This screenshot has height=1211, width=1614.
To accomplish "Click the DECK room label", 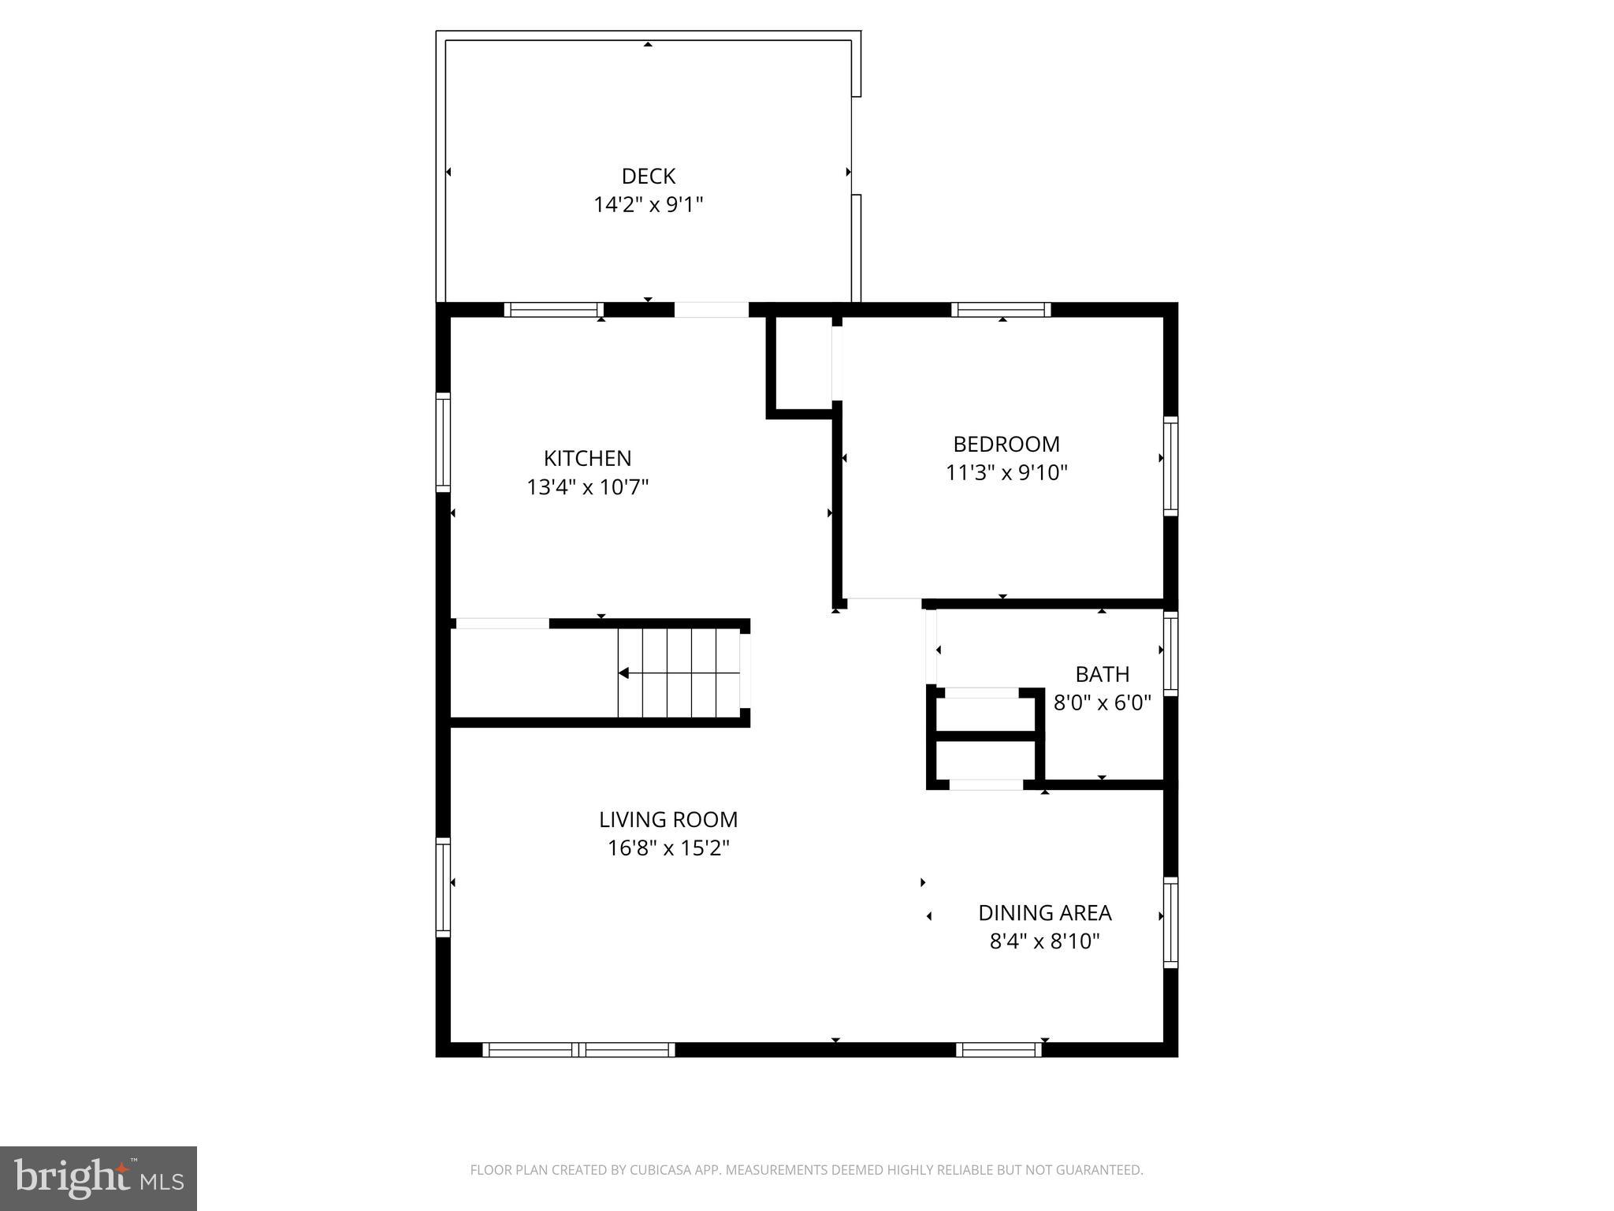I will (x=648, y=176).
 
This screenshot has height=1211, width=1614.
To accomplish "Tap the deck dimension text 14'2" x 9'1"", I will (x=648, y=205).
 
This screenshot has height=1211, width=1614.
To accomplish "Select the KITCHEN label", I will (x=587, y=458).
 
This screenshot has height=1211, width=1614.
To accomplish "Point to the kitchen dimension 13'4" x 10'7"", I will (x=587, y=487).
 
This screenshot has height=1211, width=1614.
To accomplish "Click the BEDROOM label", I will (x=1006, y=444).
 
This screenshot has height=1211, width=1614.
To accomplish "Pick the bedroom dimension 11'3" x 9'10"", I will (x=1006, y=473).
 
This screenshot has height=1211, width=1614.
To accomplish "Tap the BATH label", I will (x=1102, y=674).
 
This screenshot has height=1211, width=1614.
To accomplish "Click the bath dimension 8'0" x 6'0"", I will (x=1102, y=702).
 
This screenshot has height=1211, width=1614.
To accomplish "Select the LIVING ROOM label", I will (x=668, y=820).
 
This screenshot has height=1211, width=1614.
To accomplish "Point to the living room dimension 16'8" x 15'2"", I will (x=668, y=848).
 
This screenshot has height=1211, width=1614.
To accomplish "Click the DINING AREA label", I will (x=1044, y=913).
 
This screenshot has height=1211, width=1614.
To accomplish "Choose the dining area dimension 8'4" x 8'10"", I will (x=1044, y=941).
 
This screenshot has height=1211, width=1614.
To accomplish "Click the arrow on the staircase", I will (x=624, y=673).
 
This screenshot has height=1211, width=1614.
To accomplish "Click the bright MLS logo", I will (x=99, y=1178).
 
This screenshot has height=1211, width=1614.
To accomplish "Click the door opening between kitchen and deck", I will (x=711, y=310).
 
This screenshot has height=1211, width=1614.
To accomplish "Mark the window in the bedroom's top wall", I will (x=1001, y=310).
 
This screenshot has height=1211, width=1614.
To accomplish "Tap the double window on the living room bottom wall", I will (x=578, y=1049).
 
